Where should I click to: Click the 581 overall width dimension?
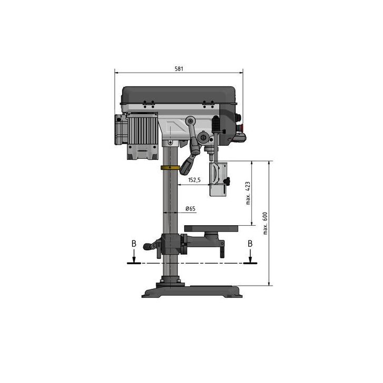click(x=179, y=69)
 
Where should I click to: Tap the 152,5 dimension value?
click(x=194, y=180)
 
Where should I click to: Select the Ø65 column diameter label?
click(x=190, y=209)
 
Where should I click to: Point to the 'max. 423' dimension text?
click(x=248, y=193)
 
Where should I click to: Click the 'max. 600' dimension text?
click(x=265, y=223)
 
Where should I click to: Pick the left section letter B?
click(x=134, y=244)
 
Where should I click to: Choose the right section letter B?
click(x=250, y=244)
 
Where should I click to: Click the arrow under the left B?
click(x=134, y=256)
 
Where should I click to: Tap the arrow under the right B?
click(x=250, y=256)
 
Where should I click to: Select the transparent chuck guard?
click(x=218, y=179)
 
